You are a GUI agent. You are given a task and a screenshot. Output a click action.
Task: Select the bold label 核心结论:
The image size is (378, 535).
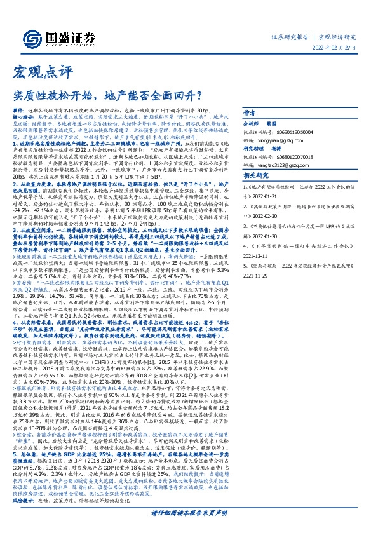[x=25, y=118]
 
